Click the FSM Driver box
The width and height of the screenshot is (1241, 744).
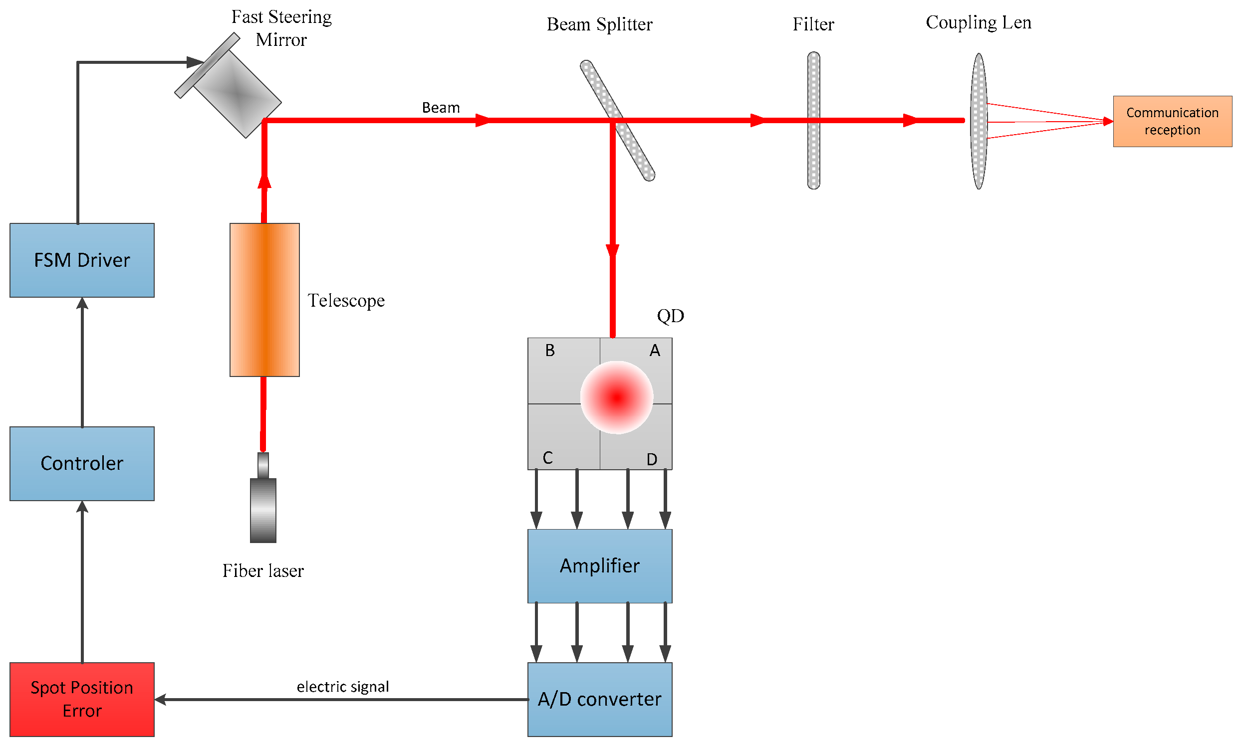[x=82, y=260]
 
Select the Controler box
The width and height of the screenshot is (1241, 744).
[x=82, y=464]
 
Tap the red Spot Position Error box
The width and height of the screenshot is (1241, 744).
[x=82, y=700]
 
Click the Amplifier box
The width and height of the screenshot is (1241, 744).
[x=599, y=566]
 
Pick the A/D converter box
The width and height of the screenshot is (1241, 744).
[x=599, y=700]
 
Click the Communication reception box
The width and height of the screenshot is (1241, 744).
[x=1172, y=121]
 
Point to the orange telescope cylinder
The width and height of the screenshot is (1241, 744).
[x=264, y=300]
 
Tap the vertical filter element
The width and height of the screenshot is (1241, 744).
[x=813, y=151]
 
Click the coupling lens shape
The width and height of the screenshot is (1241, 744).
[x=978, y=151]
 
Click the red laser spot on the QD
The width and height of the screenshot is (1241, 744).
[x=616, y=397]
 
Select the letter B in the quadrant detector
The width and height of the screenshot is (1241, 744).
[x=550, y=351]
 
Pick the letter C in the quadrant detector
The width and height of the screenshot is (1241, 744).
[x=547, y=458]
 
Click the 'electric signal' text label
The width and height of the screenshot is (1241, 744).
[x=343, y=686]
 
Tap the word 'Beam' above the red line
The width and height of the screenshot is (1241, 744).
[x=441, y=108]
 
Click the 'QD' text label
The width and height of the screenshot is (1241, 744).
[x=670, y=316]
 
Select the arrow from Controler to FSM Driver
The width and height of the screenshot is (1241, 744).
[x=82, y=361]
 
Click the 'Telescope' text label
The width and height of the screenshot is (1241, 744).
[x=346, y=301]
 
